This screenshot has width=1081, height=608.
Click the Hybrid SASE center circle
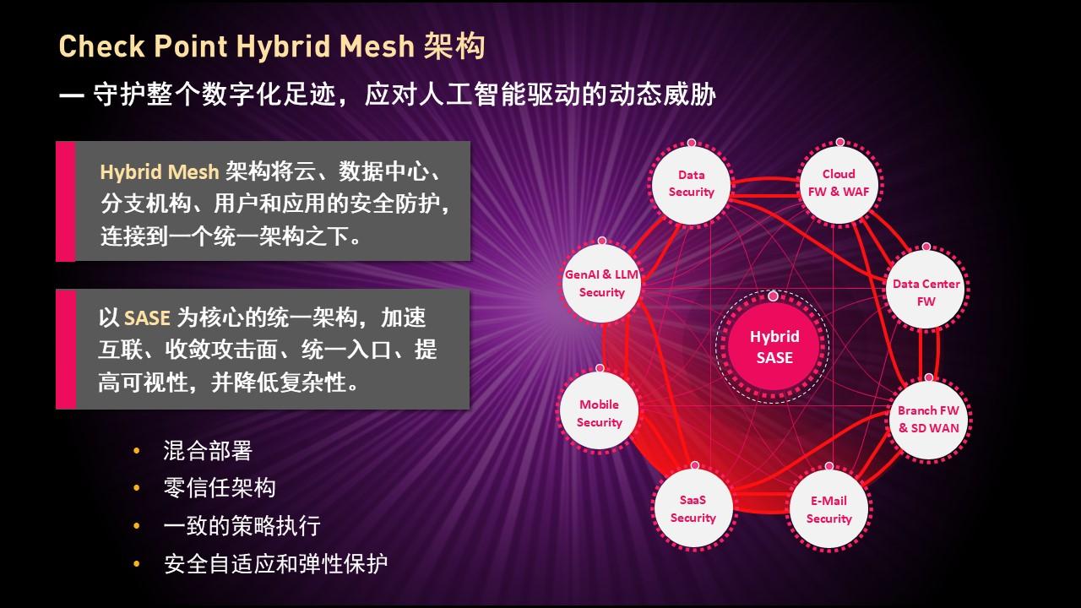(x=774, y=347)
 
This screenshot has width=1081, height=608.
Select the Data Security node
(x=691, y=184)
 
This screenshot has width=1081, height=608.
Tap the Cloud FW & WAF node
(x=839, y=183)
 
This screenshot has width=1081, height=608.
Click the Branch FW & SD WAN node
(x=928, y=420)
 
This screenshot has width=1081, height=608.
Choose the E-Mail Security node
(x=829, y=509)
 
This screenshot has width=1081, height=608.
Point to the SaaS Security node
(x=693, y=508)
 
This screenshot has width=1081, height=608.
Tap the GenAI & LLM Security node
(x=602, y=284)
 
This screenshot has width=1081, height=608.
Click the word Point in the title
(x=191, y=46)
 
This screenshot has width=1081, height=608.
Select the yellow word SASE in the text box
(x=147, y=318)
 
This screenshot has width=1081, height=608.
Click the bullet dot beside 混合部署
(x=137, y=451)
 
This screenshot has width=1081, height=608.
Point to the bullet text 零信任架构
(x=220, y=488)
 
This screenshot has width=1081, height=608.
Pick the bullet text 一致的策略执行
(x=242, y=525)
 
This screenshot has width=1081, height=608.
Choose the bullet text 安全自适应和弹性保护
(x=275, y=563)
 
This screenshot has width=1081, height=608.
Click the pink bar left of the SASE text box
(x=66, y=350)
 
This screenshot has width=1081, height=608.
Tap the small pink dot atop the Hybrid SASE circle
(x=773, y=296)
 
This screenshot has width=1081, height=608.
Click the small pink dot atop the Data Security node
(x=692, y=143)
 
